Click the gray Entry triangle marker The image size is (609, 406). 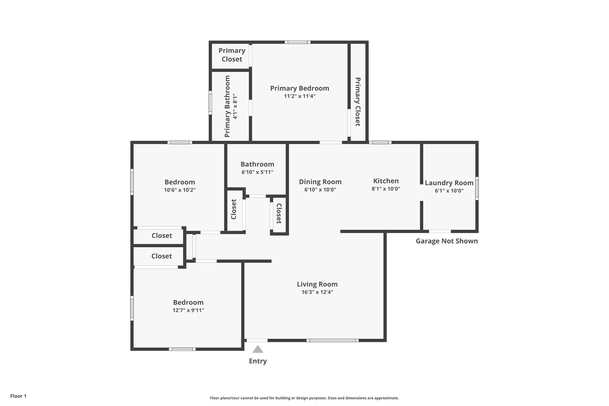coord(258,349)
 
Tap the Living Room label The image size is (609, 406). coord(317,284)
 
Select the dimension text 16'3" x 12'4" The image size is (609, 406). coord(317,292)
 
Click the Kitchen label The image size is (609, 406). coord(386,181)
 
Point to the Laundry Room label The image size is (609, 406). coord(449,183)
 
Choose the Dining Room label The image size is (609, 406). coord(320,182)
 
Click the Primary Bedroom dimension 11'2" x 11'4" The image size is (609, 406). coord(300,96)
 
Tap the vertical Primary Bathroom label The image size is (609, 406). coord(227,106)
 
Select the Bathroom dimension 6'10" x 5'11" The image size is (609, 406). coord(258,172)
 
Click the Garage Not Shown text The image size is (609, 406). coord(447,241)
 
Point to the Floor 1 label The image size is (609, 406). coord(18,396)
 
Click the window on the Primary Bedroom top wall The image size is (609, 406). coord(298,42)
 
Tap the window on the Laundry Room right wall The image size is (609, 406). coord(477,188)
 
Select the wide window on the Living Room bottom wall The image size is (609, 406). coord(332,340)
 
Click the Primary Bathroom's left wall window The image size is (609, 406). coord(210,103)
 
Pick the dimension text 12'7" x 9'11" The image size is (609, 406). coord(188,310)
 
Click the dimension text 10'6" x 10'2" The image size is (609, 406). coord(180,190)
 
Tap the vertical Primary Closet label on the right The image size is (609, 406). coord(358,102)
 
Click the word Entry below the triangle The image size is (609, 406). coord(258,361)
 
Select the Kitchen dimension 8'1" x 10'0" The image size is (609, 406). coord(386,189)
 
